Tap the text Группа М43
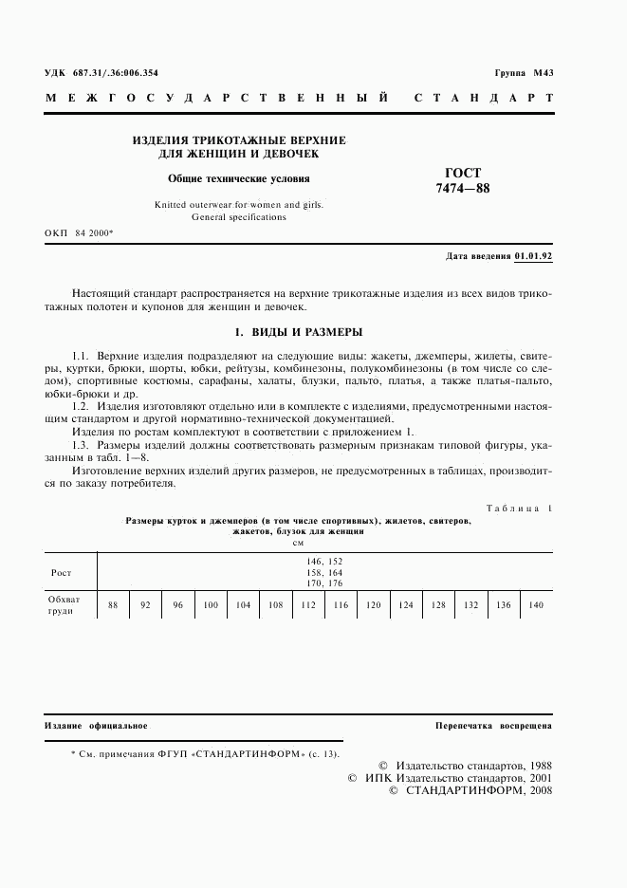(x=524, y=73)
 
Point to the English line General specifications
(x=238, y=217)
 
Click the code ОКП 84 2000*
(x=79, y=232)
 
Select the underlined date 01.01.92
(x=533, y=256)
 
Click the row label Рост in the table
(x=62, y=572)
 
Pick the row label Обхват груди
(x=65, y=604)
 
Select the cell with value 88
(x=113, y=604)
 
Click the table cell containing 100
(x=210, y=604)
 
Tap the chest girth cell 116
(x=340, y=604)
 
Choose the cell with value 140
(x=536, y=604)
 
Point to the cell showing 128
(x=438, y=604)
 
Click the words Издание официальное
(x=96, y=726)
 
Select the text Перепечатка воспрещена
(x=493, y=726)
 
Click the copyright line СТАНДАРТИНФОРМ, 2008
(x=470, y=790)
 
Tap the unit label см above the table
(x=298, y=542)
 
